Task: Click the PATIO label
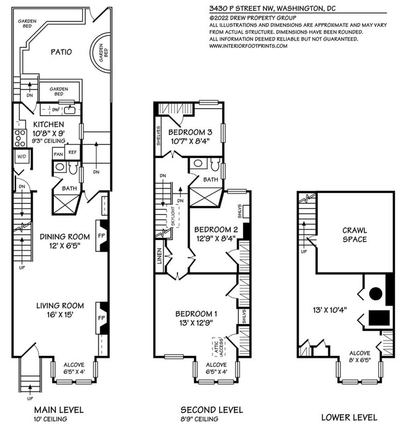point(61,51)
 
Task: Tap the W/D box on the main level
point(22,156)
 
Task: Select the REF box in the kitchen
point(72,153)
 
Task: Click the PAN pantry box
point(58,154)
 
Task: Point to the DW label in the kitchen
point(56,110)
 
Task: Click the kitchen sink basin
point(70,110)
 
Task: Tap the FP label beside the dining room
point(102,236)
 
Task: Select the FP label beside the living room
point(102,318)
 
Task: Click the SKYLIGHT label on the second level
point(173,216)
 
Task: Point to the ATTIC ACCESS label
point(219,347)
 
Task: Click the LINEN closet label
point(160,256)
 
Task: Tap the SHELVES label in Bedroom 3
point(159,136)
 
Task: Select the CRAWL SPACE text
point(355,235)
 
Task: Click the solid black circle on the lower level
point(376,293)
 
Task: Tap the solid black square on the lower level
point(379,318)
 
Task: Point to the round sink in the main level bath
point(60,167)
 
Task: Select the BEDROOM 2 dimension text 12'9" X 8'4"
point(216,238)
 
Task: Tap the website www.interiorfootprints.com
point(249,46)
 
